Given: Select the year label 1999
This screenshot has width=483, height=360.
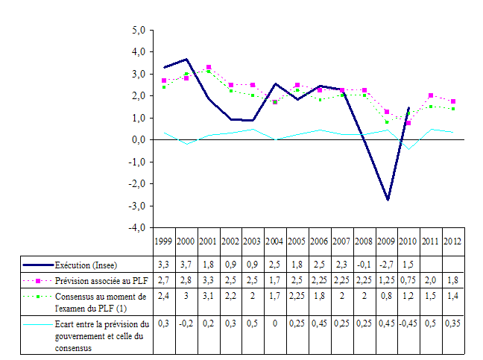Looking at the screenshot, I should [x=164, y=241].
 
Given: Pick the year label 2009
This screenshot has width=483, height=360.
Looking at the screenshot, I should [x=386, y=241].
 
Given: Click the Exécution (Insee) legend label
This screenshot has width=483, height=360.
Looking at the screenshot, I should [x=86, y=265].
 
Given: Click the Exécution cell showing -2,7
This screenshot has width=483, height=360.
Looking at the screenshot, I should [x=386, y=265].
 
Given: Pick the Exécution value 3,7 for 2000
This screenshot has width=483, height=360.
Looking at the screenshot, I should [x=186, y=265].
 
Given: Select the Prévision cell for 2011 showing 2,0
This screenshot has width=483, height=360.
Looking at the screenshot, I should [x=430, y=280].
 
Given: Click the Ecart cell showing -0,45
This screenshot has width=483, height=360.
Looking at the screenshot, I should [x=408, y=323].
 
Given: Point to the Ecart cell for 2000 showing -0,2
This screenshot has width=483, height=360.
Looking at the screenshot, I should [x=186, y=323].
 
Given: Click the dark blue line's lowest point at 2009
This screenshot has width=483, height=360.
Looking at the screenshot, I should [x=388, y=199].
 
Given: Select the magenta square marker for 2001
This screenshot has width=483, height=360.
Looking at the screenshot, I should [x=209, y=68].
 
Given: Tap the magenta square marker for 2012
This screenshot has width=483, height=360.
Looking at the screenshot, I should [x=452, y=101].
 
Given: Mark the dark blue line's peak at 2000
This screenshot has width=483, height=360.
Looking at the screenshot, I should [x=186, y=59].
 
